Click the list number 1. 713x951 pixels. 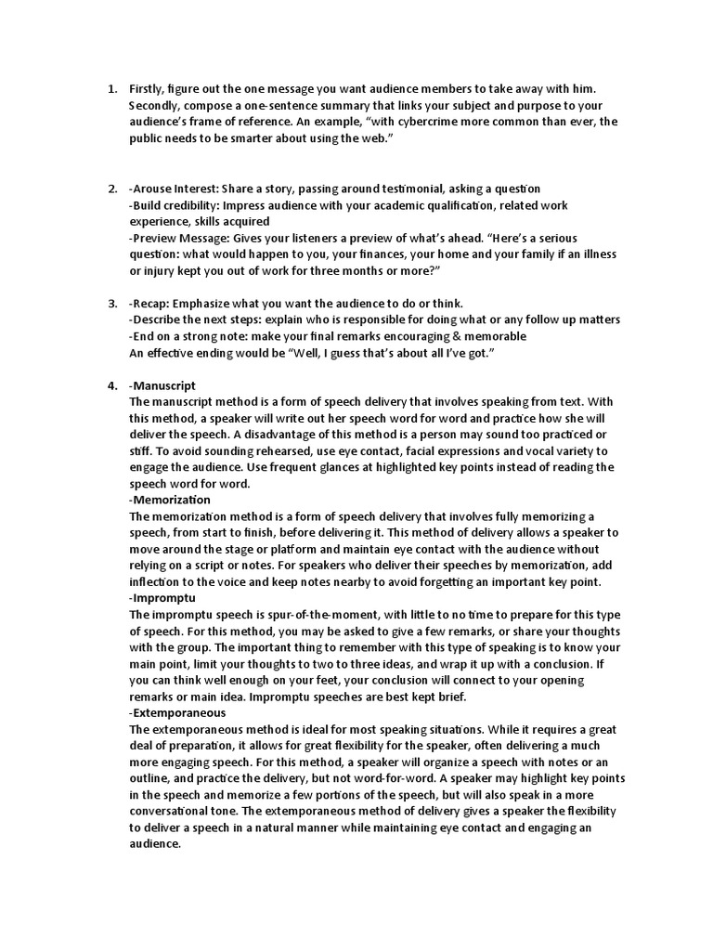pos(110,89)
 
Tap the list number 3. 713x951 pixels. pos(110,303)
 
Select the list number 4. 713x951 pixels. pos(110,385)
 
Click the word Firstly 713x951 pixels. pos(148,89)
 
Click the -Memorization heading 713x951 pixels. pos(170,501)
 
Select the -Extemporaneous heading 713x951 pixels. pos(177,713)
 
